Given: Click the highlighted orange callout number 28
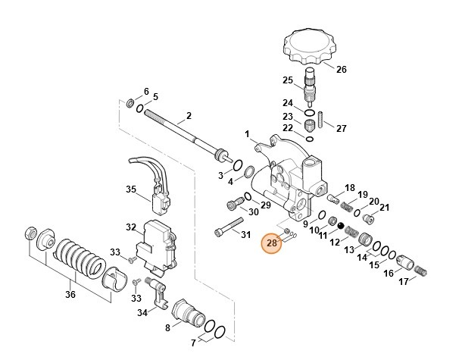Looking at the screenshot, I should tap(271, 243).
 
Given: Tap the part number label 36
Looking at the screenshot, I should tap(69, 295).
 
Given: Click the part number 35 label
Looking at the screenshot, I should tap(130, 189).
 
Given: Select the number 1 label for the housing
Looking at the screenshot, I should tap(246, 134).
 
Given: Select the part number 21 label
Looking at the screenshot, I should tap(384, 208).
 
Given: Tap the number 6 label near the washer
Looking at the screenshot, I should tap(146, 91).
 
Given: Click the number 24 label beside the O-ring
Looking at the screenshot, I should tap(288, 103).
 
